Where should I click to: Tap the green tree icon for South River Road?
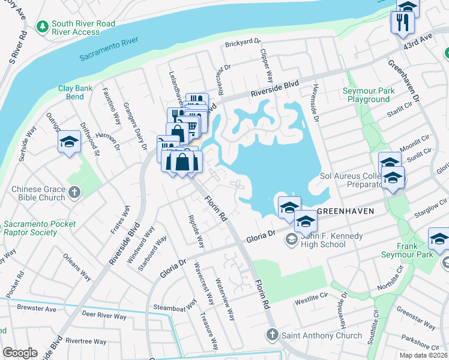(42, 27)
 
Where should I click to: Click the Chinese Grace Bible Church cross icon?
(74, 193)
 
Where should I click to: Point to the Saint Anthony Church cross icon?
(271, 334)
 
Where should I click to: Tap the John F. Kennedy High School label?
(332, 240)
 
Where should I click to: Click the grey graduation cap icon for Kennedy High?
(291, 240)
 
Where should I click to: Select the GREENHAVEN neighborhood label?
(346, 211)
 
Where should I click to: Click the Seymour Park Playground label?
(368, 95)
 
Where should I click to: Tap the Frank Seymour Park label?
(406, 250)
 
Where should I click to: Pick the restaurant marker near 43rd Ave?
(400, 22)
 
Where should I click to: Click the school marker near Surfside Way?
(69, 143)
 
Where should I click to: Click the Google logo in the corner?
(20, 353)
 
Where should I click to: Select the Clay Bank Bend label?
(75, 92)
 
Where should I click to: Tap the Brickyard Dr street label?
(243, 43)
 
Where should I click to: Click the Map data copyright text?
(424, 355)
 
